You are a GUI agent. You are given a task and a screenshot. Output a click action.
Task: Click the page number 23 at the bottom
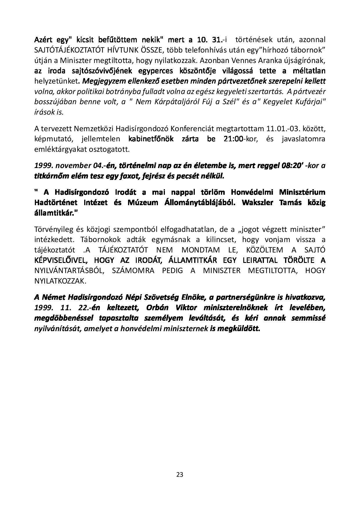click(x=180, y=474)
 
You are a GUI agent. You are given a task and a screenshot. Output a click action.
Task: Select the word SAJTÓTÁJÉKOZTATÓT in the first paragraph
click(x=68, y=50)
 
